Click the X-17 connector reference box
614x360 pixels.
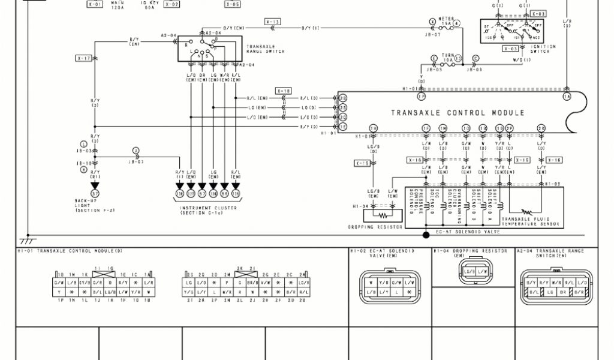coord(83,58)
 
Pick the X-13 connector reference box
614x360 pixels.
coord(272,22)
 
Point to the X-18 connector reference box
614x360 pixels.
coord(283,91)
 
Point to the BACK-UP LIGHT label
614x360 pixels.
coord(86,205)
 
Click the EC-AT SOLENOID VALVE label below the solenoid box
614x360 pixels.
coord(458,231)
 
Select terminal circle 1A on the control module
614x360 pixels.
coord(565,96)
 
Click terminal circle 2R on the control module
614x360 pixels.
coord(541,128)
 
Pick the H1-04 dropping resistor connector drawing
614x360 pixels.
coord(474,274)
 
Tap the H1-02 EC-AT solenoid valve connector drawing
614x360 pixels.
coord(389,284)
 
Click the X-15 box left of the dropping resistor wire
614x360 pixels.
coord(362,163)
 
